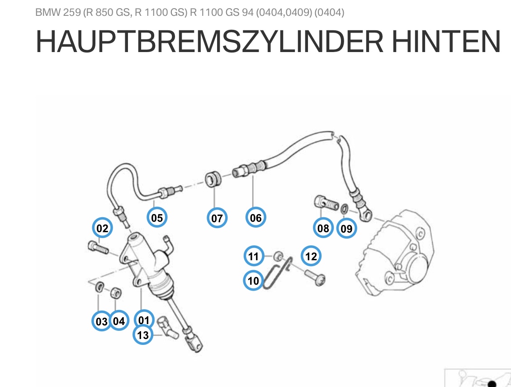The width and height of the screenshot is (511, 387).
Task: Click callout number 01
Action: tap(144, 320)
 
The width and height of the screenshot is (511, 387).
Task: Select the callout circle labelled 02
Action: tap(103, 229)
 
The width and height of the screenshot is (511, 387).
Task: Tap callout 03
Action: tap(102, 321)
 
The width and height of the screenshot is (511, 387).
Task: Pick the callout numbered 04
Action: tap(118, 321)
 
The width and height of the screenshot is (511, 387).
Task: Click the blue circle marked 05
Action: tap(157, 218)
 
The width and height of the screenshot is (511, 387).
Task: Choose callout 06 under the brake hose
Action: tap(255, 218)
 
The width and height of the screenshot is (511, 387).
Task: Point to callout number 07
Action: tap(217, 219)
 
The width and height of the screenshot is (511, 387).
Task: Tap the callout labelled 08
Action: tap(323, 228)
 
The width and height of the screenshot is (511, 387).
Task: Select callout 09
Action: tap(346, 229)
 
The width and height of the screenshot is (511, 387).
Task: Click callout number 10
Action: tap(254, 281)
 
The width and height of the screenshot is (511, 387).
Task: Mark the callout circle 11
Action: tap(254, 257)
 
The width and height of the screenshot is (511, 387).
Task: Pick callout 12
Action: tap(311, 257)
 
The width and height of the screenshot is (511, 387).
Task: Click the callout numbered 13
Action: tap(143, 335)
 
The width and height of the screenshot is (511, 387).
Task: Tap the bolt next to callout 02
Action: tap(97, 248)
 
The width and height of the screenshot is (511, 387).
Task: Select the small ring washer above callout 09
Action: tap(344, 209)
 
